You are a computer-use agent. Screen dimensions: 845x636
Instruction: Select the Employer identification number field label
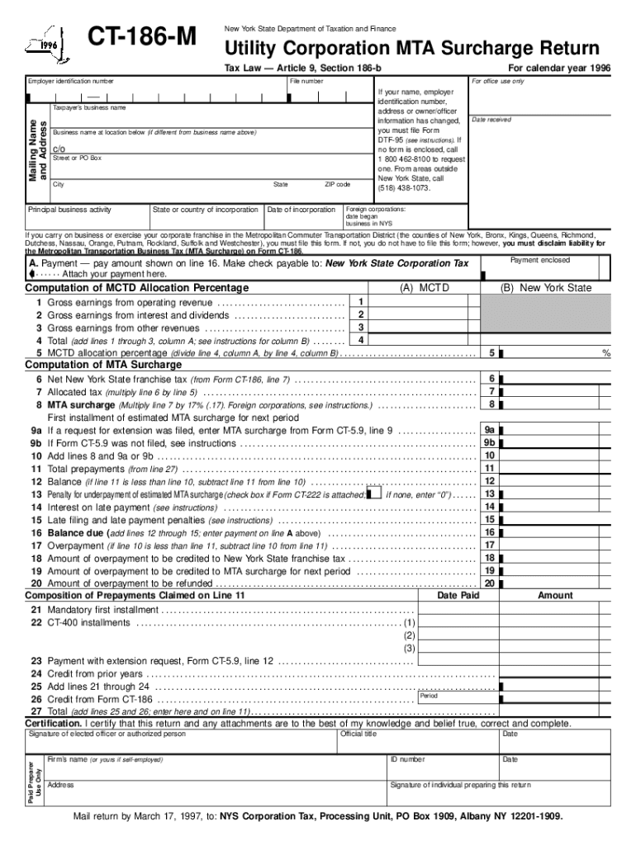coord(71,82)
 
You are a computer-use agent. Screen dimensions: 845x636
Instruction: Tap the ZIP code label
coord(337,185)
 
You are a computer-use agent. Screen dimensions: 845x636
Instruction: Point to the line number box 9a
coord(489,430)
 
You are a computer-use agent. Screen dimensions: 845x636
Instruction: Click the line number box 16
coord(489,532)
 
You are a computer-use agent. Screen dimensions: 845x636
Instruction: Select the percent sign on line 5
coord(605,353)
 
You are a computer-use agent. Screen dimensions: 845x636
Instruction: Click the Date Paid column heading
coord(458,595)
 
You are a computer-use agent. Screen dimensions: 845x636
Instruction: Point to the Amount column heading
coord(555,595)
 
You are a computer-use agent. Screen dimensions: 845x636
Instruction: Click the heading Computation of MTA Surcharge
coord(103,365)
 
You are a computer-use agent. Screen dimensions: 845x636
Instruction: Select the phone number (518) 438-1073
coord(404,188)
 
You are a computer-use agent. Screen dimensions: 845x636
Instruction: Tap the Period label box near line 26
coord(429,696)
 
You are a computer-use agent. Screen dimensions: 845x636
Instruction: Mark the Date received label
coord(491,120)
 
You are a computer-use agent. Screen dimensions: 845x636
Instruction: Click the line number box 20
coord(489,583)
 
